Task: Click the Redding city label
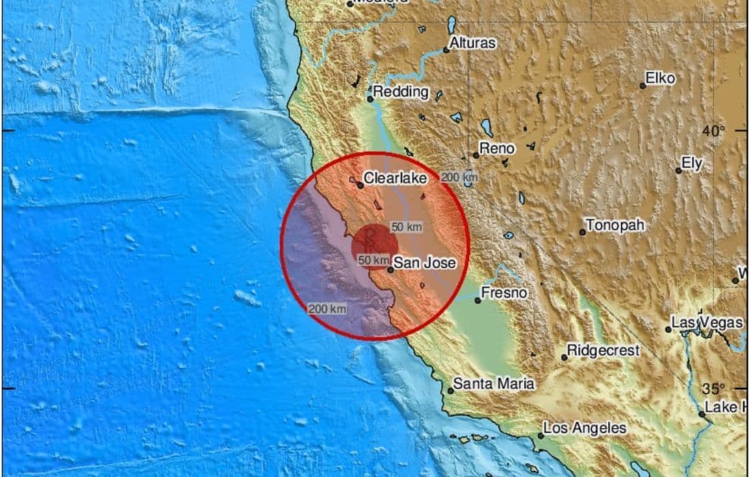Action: click(402, 92)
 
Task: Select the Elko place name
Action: click(660, 78)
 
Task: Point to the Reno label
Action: click(497, 148)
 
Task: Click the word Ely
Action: click(692, 164)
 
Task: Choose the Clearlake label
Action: click(395, 178)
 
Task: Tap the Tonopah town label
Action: click(616, 226)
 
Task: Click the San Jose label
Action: click(425, 263)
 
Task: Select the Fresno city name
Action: click(504, 293)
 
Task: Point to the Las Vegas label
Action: click(706, 322)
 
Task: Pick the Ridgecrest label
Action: click(603, 351)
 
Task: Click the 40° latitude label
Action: click(714, 130)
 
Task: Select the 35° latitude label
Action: click(714, 389)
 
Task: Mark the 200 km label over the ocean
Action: click(327, 309)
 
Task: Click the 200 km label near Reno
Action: click(459, 177)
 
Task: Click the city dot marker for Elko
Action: click(642, 86)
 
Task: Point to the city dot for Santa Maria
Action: click(451, 390)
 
